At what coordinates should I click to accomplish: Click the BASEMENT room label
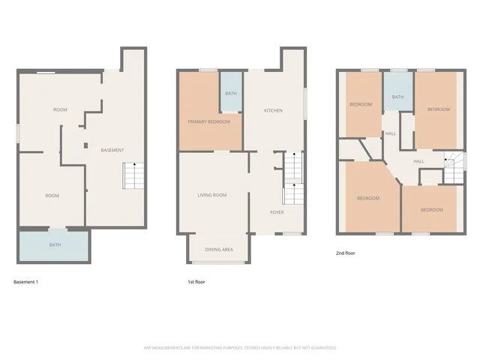[112, 150]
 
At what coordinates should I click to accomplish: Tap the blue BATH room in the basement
[55, 244]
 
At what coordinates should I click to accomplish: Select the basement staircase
[132, 176]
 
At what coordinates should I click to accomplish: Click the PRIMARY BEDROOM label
[208, 121]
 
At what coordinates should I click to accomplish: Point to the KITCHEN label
[273, 110]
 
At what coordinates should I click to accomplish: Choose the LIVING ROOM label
[212, 195]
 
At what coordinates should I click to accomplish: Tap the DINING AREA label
[219, 249]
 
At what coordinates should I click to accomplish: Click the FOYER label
[277, 212]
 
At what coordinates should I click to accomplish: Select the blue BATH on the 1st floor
[231, 94]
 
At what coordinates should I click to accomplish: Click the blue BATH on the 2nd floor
[397, 97]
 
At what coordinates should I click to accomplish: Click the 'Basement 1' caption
[25, 282]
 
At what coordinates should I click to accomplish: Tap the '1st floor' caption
[196, 282]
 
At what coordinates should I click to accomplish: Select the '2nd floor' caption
[346, 253]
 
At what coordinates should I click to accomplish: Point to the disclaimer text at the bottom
[240, 347]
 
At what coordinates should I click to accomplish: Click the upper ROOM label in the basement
[60, 110]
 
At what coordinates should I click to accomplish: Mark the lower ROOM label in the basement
[52, 196]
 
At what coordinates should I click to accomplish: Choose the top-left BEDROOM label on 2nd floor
[361, 104]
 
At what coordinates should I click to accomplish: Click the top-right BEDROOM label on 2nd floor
[439, 109]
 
